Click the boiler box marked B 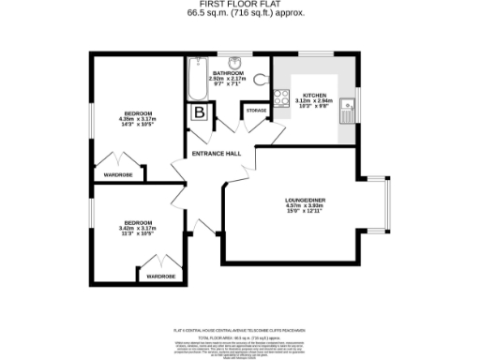click(x=200, y=112)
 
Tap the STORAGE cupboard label click(x=255, y=111)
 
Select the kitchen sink click(x=347, y=112)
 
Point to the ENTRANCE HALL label click(x=216, y=153)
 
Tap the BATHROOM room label click(x=228, y=72)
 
